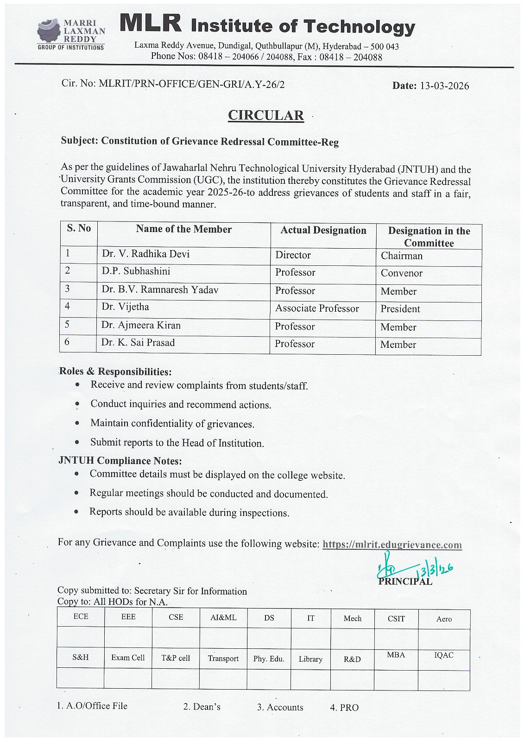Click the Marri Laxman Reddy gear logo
point(49,31)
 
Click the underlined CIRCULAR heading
point(265,115)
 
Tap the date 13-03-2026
point(444,86)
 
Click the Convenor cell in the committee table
point(401,273)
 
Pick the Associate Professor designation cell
point(317,308)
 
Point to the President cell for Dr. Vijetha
point(400,309)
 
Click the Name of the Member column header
point(183,229)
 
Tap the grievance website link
point(392,545)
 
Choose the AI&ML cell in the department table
point(223,617)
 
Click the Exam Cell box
point(128,658)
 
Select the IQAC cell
point(443,655)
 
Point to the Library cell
point(310,659)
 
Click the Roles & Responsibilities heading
point(115,371)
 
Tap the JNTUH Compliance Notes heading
point(120,461)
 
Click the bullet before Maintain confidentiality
point(77,423)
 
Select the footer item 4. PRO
point(344,708)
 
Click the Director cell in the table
point(293,255)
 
